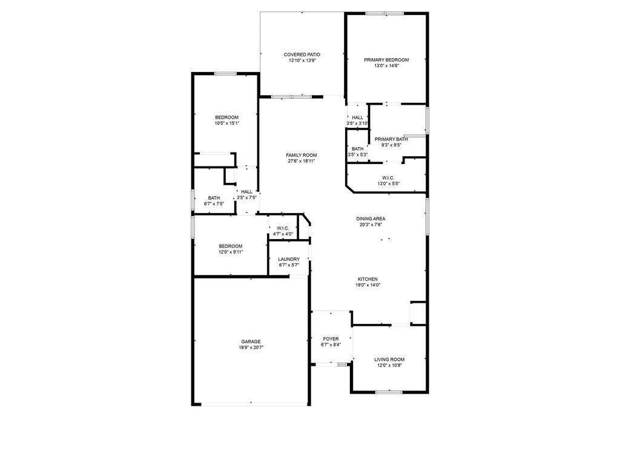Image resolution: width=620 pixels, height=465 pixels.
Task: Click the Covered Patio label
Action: coord(302,54)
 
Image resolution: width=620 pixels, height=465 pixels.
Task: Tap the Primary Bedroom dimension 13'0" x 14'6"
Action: coord(386,66)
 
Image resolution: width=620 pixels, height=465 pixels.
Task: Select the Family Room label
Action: coord(302,156)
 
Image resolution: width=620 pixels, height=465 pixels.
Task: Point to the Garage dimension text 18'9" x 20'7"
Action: coord(251,348)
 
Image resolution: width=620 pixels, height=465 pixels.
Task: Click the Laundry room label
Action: coord(289,259)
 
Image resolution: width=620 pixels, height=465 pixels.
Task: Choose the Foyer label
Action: coord(331,339)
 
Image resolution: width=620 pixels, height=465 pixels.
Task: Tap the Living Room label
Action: coord(389,360)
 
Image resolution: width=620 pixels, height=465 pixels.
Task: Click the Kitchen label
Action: coord(368,279)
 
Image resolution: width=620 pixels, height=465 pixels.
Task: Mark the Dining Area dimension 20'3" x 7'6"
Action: coord(371,225)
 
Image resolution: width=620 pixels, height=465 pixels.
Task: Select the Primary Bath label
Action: coord(391,139)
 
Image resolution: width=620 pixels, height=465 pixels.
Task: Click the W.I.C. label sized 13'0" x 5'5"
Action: coord(388,178)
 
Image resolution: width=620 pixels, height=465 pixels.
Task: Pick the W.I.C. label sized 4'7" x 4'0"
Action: coord(283,228)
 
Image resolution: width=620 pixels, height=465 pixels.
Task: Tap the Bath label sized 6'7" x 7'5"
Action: coord(214,198)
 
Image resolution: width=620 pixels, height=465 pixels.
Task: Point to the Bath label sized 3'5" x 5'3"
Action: coord(357,149)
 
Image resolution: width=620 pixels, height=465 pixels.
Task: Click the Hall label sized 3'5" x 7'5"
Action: coord(247,192)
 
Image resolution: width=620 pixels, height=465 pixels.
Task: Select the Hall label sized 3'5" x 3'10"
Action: coord(357,117)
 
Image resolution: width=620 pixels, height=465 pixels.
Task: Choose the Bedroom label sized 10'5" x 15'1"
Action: coord(227,117)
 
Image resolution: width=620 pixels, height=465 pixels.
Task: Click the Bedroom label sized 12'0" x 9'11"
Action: coord(231,246)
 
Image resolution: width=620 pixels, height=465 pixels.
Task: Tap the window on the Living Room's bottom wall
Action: coord(389,392)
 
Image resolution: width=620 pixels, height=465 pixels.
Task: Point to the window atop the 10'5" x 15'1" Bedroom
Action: coord(225,73)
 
